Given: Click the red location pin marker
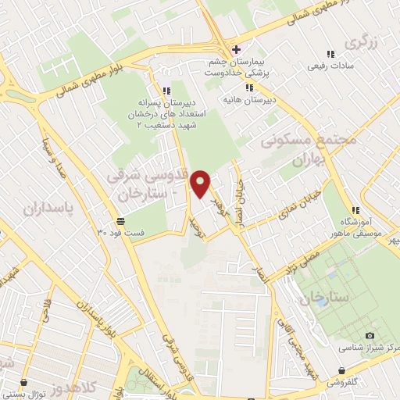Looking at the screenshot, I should click(202, 184).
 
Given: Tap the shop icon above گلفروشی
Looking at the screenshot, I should click(341, 371).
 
